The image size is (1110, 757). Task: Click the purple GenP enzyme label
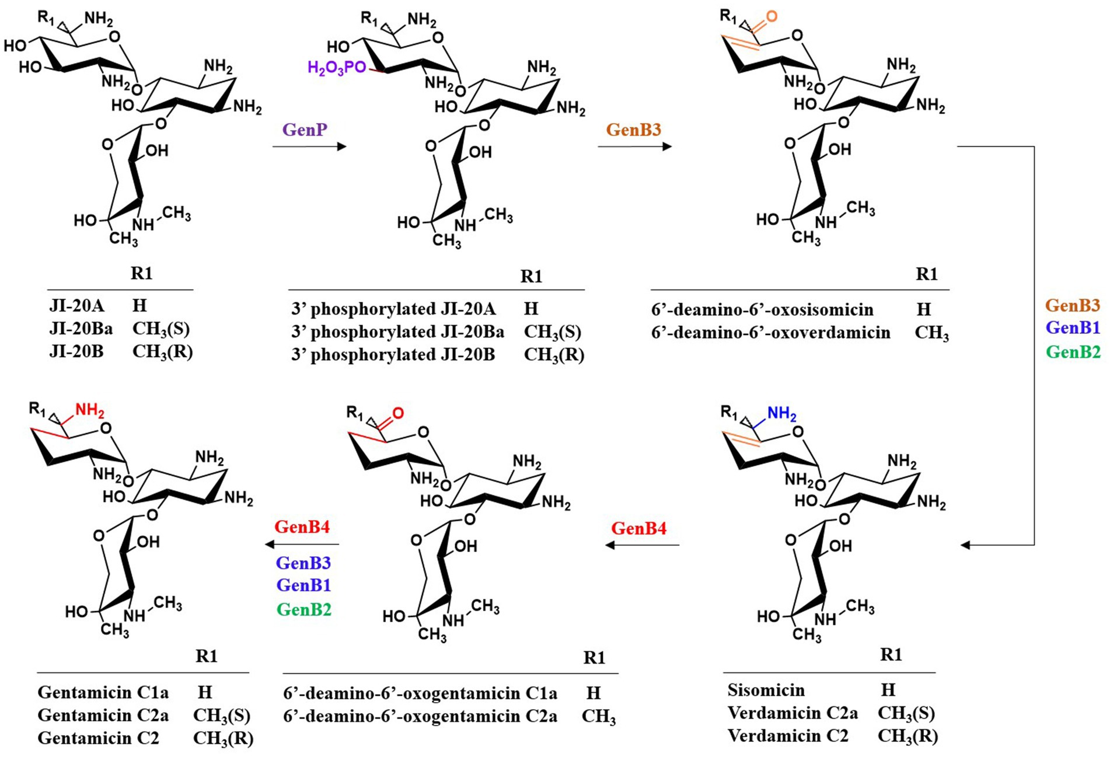tap(305, 130)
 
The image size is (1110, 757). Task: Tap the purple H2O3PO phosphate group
tap(336, 68)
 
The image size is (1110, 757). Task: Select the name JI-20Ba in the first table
tap(81, 329)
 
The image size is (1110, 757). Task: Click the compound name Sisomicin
tap(766, 690)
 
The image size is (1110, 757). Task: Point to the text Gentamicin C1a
tap(103, 692)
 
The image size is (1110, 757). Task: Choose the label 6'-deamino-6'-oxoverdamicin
tap(771, 333)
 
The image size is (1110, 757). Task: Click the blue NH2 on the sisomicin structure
tap(782, 414)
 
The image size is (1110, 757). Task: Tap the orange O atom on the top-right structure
tap(772, 16)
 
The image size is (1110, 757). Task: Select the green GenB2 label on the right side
tap(1073, 352)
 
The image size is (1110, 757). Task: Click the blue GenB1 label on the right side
tap(1073, 328)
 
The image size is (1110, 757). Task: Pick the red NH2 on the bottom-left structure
tap(90, 410)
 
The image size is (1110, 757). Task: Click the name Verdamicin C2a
tap(793, 713)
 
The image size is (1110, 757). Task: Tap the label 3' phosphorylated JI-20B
tap(393, 355)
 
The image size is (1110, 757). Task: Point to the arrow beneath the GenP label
tap(309, 146)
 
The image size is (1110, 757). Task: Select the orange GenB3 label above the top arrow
tap(633, 130)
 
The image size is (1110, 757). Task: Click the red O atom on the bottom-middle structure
tap(398, 413)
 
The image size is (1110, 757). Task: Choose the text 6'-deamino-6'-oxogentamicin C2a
tap(420, 716)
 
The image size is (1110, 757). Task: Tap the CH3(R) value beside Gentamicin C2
tap(223, 738)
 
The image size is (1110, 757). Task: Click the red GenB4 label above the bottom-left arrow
tap(302, 527)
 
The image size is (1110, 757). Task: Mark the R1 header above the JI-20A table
tap(142, 273)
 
